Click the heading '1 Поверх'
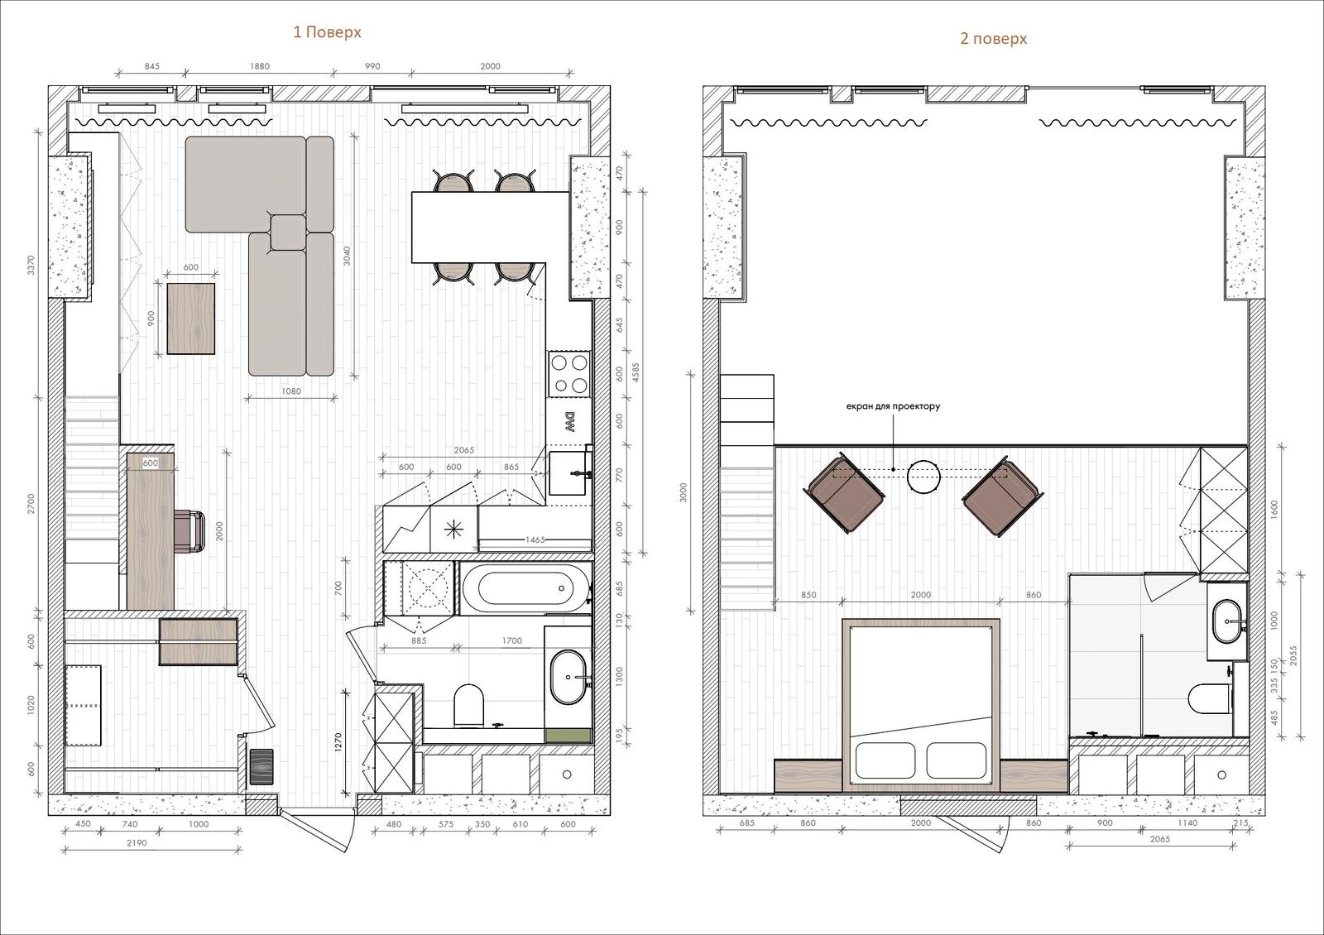pyautogui.click(x=327, y=32)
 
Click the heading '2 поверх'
pyautogui.click(x=993, y=39)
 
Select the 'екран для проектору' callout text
pyautogui.click(x=893, y=406)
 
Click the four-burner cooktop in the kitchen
pyautogui.click(x=569, y=374)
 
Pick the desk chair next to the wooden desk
pyautogui.click(x=190, y=532)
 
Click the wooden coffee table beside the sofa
pyautogui.click(x=191, y=319)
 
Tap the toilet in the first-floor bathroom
pyautogui.click(x=469, y=704)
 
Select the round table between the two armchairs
pyautogui.click(x=923, y=477)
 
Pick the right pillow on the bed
pyautogui.click(x=956, y=760)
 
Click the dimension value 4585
pyautogui.click(x=636, y=372)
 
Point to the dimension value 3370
pyautogui.click(x=31, y=264)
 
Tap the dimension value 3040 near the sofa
pyautogui.click(x=347, y=256)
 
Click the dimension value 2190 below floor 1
pyautogui.click(x=137, y=843)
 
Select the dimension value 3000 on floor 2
pyautogui.click(x=684, y=492)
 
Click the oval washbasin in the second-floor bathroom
pyautogui.click(x=1228, y=621)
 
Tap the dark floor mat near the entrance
pyautogui.click(x=261, y=766)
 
